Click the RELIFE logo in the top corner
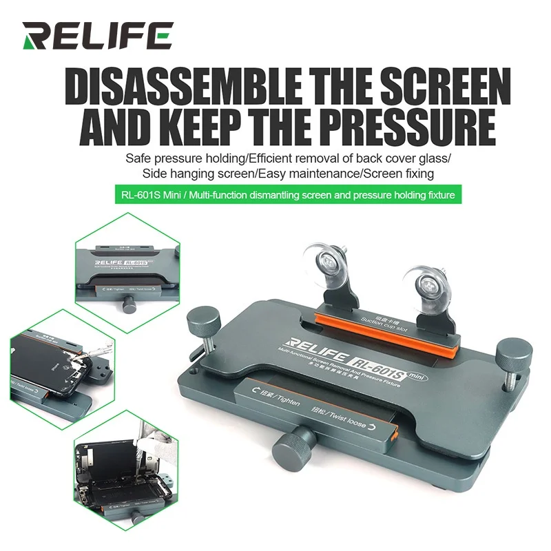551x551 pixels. coord(96,34)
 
